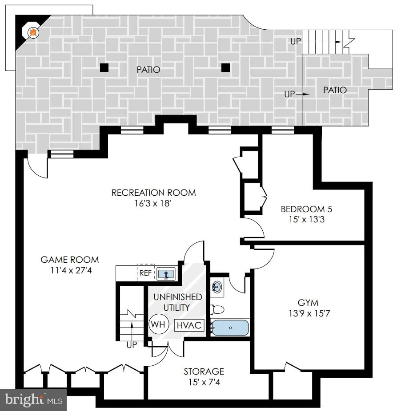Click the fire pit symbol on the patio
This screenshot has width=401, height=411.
[x=32, y=32]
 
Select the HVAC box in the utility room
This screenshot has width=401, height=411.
[x=189, y=325]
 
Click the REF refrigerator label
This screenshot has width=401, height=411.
[x=145, y=273]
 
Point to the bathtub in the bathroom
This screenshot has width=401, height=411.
[x=230, y=328]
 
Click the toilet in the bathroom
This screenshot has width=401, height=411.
[x=217, y=309]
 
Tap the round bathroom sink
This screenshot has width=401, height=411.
[x=217, y=287]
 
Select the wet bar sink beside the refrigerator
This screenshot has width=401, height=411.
[x=166, y=274]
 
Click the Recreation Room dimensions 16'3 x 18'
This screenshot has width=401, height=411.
[x=153, y=204]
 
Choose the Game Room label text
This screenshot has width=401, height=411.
[x=70, y=260]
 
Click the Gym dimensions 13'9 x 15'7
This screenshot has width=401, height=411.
[x=308, y=313]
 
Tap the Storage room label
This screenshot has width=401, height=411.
[x=204, y=371]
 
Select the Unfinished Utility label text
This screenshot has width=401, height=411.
[x=178, y=302]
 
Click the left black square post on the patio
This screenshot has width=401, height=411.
[x=104, y=67]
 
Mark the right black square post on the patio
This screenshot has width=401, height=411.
[x=225, y=67]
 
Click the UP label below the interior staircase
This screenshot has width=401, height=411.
[x=132, y=345]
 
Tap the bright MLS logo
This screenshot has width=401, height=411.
[x=33, y=400]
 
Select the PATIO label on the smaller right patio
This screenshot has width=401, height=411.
[x=335, y=90]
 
